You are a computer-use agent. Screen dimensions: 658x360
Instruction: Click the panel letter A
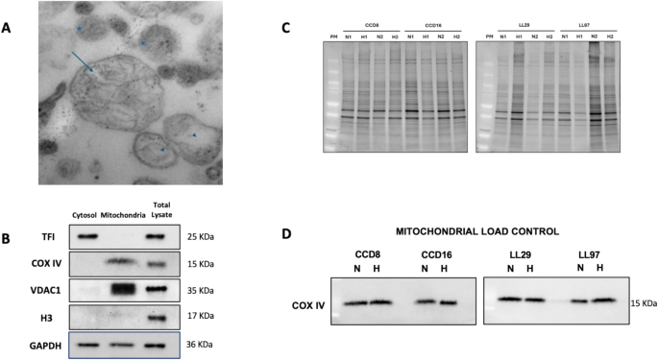[x=9, y=28]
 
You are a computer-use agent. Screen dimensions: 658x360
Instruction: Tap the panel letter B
[x=9, y=236]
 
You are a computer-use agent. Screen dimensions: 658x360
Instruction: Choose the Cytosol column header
[x=85, y=214]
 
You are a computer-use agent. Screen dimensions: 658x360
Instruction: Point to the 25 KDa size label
[x=199, y=236]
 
